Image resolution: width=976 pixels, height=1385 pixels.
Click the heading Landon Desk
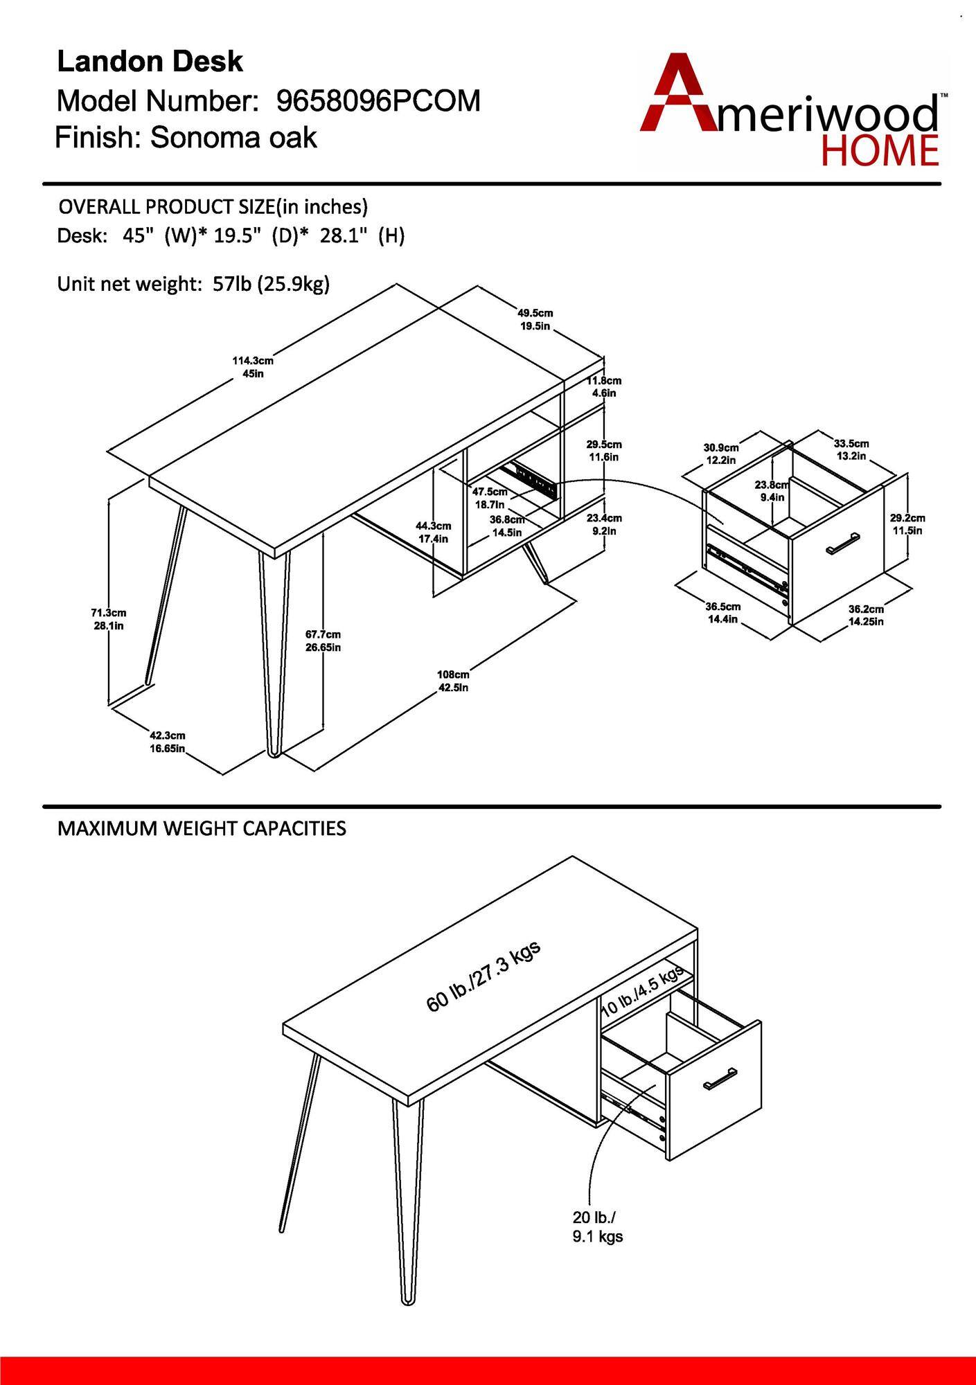click(x=150, y=62)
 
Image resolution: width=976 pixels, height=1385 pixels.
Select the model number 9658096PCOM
click(x=378, y=101)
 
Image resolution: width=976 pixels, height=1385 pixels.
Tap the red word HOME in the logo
click(x=880, y=151)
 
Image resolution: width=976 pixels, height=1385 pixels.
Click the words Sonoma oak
click(x=233, y=138)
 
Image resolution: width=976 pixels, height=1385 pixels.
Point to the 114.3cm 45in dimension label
click(x=252, y=367)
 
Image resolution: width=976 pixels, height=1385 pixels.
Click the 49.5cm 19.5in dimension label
click(x=535, y=319)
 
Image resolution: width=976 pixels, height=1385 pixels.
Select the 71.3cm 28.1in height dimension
click(x=109, y=619)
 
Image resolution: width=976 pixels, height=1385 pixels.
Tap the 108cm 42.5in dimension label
click(x=453, y=681)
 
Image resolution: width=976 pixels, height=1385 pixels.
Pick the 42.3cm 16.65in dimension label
click(x=168, y=742)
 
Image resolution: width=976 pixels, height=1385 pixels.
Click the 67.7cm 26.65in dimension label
click(x=323, y=641)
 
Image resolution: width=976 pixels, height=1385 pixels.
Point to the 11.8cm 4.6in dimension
click(x=603, y=386)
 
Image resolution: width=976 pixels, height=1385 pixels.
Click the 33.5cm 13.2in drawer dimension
click(x=851, y=449)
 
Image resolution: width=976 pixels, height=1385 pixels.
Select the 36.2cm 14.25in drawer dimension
click(x=866, y=615)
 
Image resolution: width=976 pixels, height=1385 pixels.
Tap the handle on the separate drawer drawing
click(x=843, y=543)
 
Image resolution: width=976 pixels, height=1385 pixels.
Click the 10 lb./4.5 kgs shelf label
click(x=642, y=990)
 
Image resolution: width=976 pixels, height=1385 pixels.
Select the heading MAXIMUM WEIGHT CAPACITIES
click(x=202, y=828)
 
